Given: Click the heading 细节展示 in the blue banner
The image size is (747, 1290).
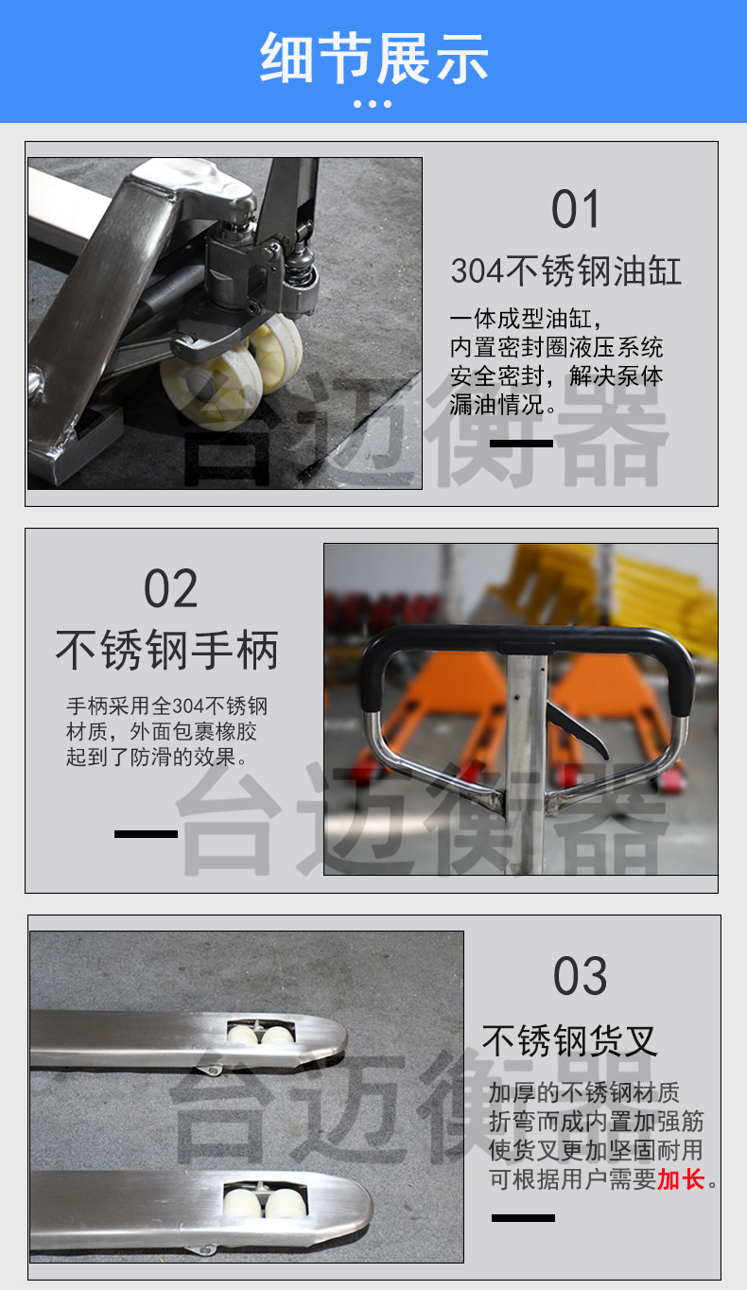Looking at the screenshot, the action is [x=373, y=58].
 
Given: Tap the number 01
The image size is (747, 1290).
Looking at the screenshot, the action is [x=575, y=209].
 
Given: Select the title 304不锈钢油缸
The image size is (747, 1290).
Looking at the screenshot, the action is [x=566, y=270].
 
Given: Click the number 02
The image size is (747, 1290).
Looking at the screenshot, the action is [x=170, y=588].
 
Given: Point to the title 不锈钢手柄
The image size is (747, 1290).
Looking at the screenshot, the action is [x=167, y=650].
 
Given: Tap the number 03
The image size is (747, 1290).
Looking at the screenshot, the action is [x=580, y=976].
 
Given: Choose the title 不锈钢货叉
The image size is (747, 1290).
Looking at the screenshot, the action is [x=569, y=1040].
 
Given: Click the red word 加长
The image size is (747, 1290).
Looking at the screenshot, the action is [x=682, y=1178].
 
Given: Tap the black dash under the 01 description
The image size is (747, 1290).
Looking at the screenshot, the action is [x=521, y=443].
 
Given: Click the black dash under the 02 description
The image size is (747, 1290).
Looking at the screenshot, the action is [x=146, y=833].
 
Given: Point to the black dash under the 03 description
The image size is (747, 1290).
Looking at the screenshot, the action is [x=523, y=1217].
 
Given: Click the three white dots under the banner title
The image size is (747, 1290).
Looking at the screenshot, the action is [x=373, y=104].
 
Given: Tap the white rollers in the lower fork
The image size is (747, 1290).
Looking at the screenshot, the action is [x=265, y=1202].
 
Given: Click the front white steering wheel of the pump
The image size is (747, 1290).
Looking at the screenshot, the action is [x=211, y=384].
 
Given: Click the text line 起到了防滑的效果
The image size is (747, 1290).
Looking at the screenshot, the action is [x=157, y=757].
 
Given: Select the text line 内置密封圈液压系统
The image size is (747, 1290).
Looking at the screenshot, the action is [x=556, y=347].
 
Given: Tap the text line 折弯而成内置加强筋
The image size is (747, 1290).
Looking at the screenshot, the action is [x=596, y=1122].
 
